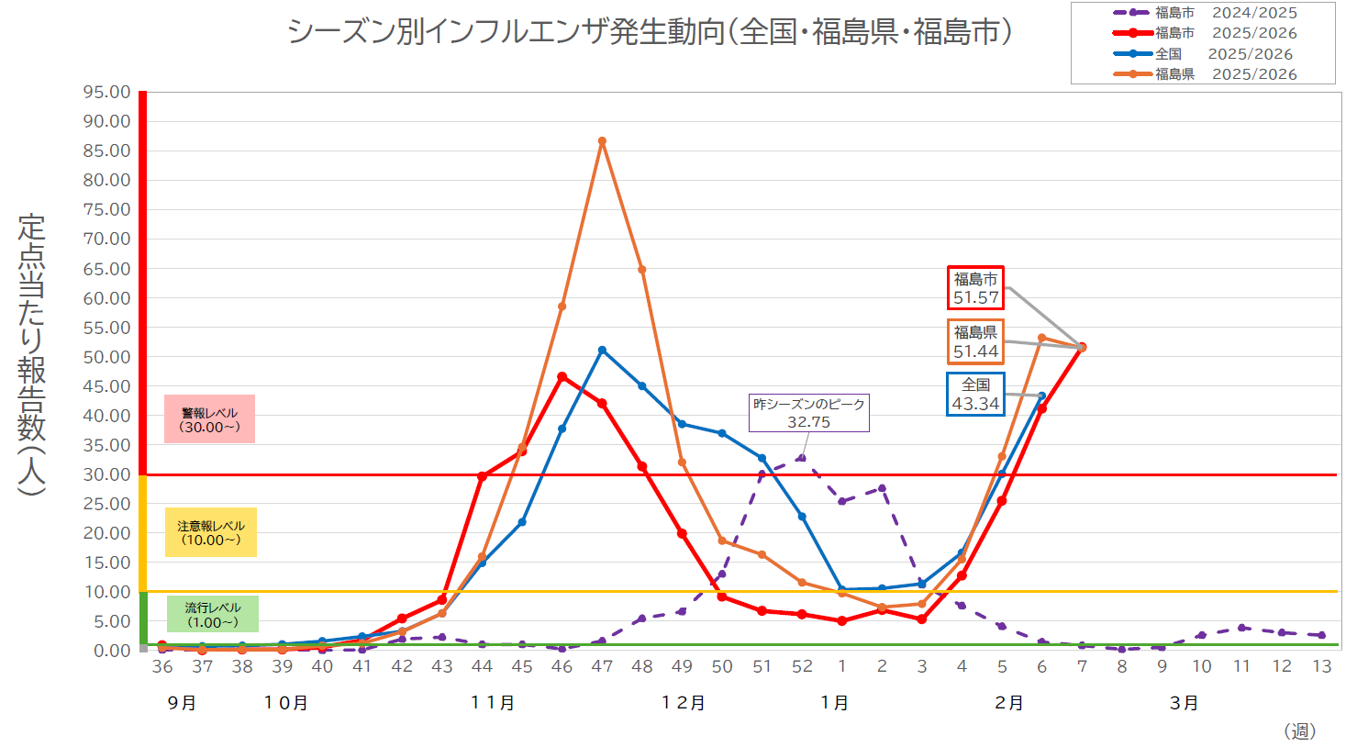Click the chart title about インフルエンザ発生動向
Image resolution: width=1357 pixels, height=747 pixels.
point(650,32)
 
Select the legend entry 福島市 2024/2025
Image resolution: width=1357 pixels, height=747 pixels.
point(1204,13)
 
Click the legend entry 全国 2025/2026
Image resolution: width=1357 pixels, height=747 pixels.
point(1204,54)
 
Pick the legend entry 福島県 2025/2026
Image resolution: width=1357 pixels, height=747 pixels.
point(1204,74)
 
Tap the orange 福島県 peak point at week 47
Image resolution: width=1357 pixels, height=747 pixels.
point(602,141)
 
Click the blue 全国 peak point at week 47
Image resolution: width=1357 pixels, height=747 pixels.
point(602,350)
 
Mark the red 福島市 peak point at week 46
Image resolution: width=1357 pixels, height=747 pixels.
point(562,376)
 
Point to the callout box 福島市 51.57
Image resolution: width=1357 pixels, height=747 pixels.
point(975,288)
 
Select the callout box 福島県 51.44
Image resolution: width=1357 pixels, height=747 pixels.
point(975,341)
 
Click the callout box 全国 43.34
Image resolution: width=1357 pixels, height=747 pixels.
point(975,394)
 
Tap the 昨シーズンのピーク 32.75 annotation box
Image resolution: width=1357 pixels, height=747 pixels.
point(808,413)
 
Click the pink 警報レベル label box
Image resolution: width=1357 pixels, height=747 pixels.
point(209,419)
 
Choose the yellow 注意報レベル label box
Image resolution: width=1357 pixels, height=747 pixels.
point(211,532)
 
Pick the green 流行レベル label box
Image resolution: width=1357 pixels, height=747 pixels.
point(212,615)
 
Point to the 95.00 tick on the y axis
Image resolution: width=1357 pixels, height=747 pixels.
point(106,92)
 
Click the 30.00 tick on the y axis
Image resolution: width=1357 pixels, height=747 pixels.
point(106,474)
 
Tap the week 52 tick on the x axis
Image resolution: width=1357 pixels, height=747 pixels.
point(802,667)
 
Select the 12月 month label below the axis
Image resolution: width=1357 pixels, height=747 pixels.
point(684,703)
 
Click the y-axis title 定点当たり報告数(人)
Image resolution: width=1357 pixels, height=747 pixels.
point(31,354)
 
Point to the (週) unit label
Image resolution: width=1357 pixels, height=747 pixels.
point(1300,730)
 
